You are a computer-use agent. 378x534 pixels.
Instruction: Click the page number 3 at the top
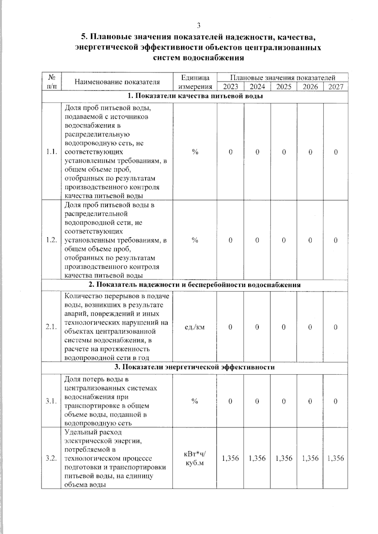[x=198, y=25]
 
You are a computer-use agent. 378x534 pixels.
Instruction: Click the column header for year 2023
[x=230, y=87]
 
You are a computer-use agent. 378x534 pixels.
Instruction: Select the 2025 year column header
[x=283, y=87]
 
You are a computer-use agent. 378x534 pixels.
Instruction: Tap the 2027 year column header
[x=335, y=87]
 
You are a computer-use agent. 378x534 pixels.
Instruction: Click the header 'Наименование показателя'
[x=117, y=82]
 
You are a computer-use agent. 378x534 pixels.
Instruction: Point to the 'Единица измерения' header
[x=195, y=82]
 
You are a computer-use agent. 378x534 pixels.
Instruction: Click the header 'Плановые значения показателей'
[x=282, y=78]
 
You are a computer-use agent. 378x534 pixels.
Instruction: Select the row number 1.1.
[x=51, y=152]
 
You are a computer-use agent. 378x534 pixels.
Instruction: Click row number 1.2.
[x=51, y=240]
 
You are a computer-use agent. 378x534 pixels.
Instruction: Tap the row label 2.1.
[x=51, y=327]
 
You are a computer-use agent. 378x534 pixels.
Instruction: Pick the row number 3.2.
[x=51, y=458]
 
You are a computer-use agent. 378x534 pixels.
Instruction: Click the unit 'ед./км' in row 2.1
[x=195, y=327]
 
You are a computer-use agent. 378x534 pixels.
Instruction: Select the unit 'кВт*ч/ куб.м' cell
[x=195, y=458]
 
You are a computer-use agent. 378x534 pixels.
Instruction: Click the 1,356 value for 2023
[x=230, y=458]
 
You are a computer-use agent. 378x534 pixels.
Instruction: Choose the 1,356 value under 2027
[x=335, y=458]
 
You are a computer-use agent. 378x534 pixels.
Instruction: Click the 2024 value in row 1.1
[x=257, y=152]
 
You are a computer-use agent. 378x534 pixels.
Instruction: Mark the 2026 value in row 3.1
[x=310, y=401]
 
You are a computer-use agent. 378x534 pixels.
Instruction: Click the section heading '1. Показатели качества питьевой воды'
[x=195, y=96]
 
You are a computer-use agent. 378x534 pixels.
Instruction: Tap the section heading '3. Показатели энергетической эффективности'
[x=194, y=367]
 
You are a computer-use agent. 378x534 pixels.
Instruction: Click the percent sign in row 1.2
[x=195, y=240]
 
